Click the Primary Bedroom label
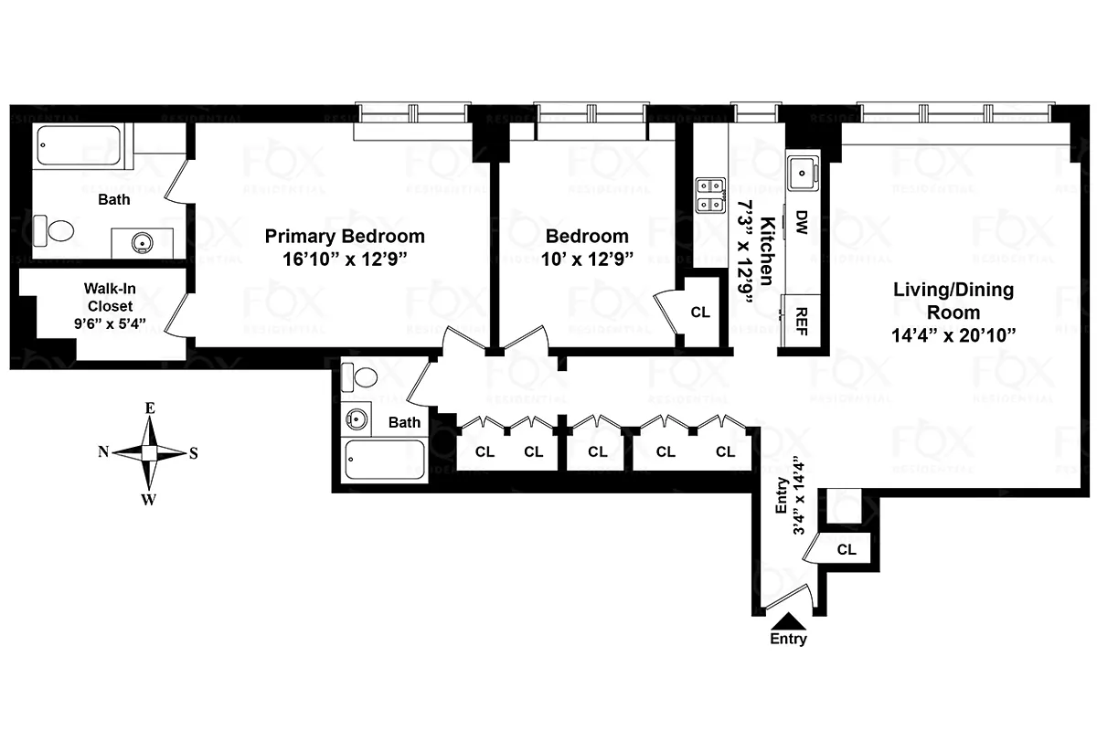pos(345,236)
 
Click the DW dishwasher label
pos(801,220)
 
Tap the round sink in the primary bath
pos(142,243)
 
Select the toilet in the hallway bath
pos(361,376)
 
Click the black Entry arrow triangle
pos(788,621)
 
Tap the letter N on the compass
pos(104,451)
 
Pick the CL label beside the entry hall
pos(847,550)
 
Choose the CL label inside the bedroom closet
pos(700,312)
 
